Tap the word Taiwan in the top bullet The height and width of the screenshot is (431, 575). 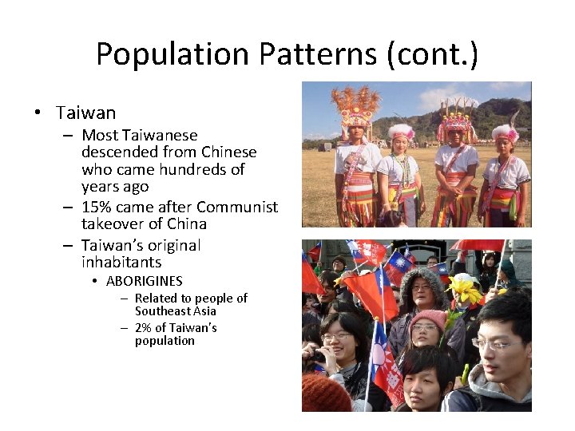coord(85,113)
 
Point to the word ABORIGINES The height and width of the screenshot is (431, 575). coord(144,281)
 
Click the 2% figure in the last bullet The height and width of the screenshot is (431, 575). coord(144,328)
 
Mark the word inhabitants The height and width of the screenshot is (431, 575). coord(121,262)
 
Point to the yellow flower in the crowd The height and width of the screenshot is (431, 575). coord(465,289)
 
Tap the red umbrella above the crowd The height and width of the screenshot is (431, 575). coord(478,245)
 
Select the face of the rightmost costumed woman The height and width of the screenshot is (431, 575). coord(506,144)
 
